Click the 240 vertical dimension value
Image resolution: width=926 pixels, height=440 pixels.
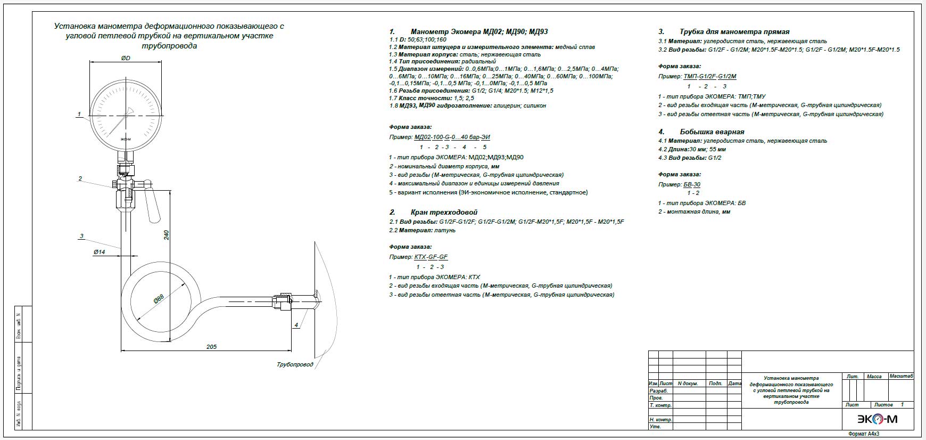[166, 235]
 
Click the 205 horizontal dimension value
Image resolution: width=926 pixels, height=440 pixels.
[211, 347]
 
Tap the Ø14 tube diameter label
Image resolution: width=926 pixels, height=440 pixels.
[99, 251]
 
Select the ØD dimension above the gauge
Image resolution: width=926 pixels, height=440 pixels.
[126, 58]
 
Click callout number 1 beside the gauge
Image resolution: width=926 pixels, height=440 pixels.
[79, 114]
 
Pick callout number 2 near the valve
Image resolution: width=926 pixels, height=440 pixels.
[80, 178]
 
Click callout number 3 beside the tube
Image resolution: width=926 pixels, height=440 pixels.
[81, 236]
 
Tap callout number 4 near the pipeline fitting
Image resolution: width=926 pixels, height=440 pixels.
[296, 324]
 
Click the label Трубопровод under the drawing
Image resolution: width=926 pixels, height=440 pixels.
[295, 365]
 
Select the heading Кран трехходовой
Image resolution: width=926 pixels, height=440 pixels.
[444, 212]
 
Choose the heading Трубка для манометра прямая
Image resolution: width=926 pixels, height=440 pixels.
[734, 31]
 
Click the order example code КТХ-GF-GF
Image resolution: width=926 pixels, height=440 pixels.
[431, 257]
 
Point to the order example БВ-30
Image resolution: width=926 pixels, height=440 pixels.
[692, 184]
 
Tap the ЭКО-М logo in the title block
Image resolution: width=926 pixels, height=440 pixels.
[877, 420]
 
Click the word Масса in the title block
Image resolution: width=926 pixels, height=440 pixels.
[874, 377]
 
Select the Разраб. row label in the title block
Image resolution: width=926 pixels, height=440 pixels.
[658, 391]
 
